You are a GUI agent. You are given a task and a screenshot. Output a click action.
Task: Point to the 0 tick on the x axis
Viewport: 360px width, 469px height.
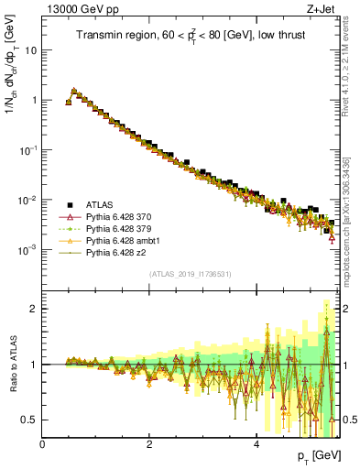(43, 443)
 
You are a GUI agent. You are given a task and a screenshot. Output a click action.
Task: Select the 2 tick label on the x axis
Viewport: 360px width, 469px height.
(149, 443)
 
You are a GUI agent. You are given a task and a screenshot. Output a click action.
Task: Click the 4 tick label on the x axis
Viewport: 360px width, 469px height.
(256, 443)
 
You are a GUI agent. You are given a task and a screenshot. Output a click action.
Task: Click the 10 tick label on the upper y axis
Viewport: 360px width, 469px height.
(31, 50)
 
